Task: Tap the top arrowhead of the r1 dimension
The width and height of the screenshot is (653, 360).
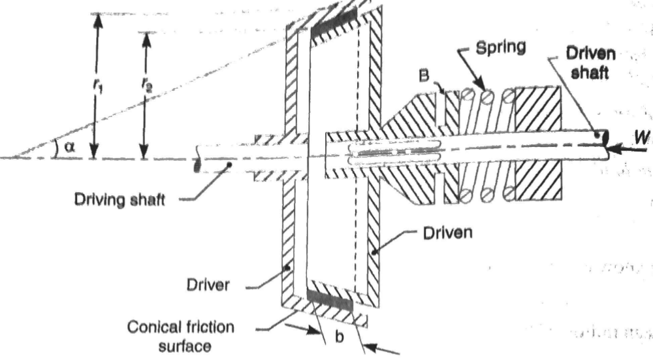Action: tap(97, 18)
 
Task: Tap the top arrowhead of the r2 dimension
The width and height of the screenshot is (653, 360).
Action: tap(146, 38)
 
